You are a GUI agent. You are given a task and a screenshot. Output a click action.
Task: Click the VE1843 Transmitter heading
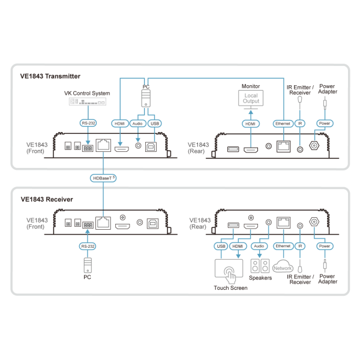click(x=50, y=76)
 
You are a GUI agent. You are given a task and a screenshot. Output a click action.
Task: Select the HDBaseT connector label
click(x=103, y=178)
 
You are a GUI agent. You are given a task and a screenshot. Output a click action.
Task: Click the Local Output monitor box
click(x=251, y=100)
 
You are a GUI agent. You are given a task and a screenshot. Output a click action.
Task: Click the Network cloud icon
click(x=283, y=266)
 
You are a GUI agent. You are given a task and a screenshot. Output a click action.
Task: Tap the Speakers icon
click(x=259, y=265)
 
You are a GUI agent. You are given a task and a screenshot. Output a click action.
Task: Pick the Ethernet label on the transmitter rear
click(x=282, y=123)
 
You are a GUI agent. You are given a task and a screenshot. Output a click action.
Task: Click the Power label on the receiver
click(x=325, y=246)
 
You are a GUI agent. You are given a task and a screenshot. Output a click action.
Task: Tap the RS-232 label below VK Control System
click(x=88, y=123)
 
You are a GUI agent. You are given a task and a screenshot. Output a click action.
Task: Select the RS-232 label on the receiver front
click(x=88, y=246)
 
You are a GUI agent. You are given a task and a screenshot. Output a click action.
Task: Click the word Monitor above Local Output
click(x=251, y=86)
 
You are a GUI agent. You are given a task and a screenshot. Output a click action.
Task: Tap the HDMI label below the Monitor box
click(x=251, y=123)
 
